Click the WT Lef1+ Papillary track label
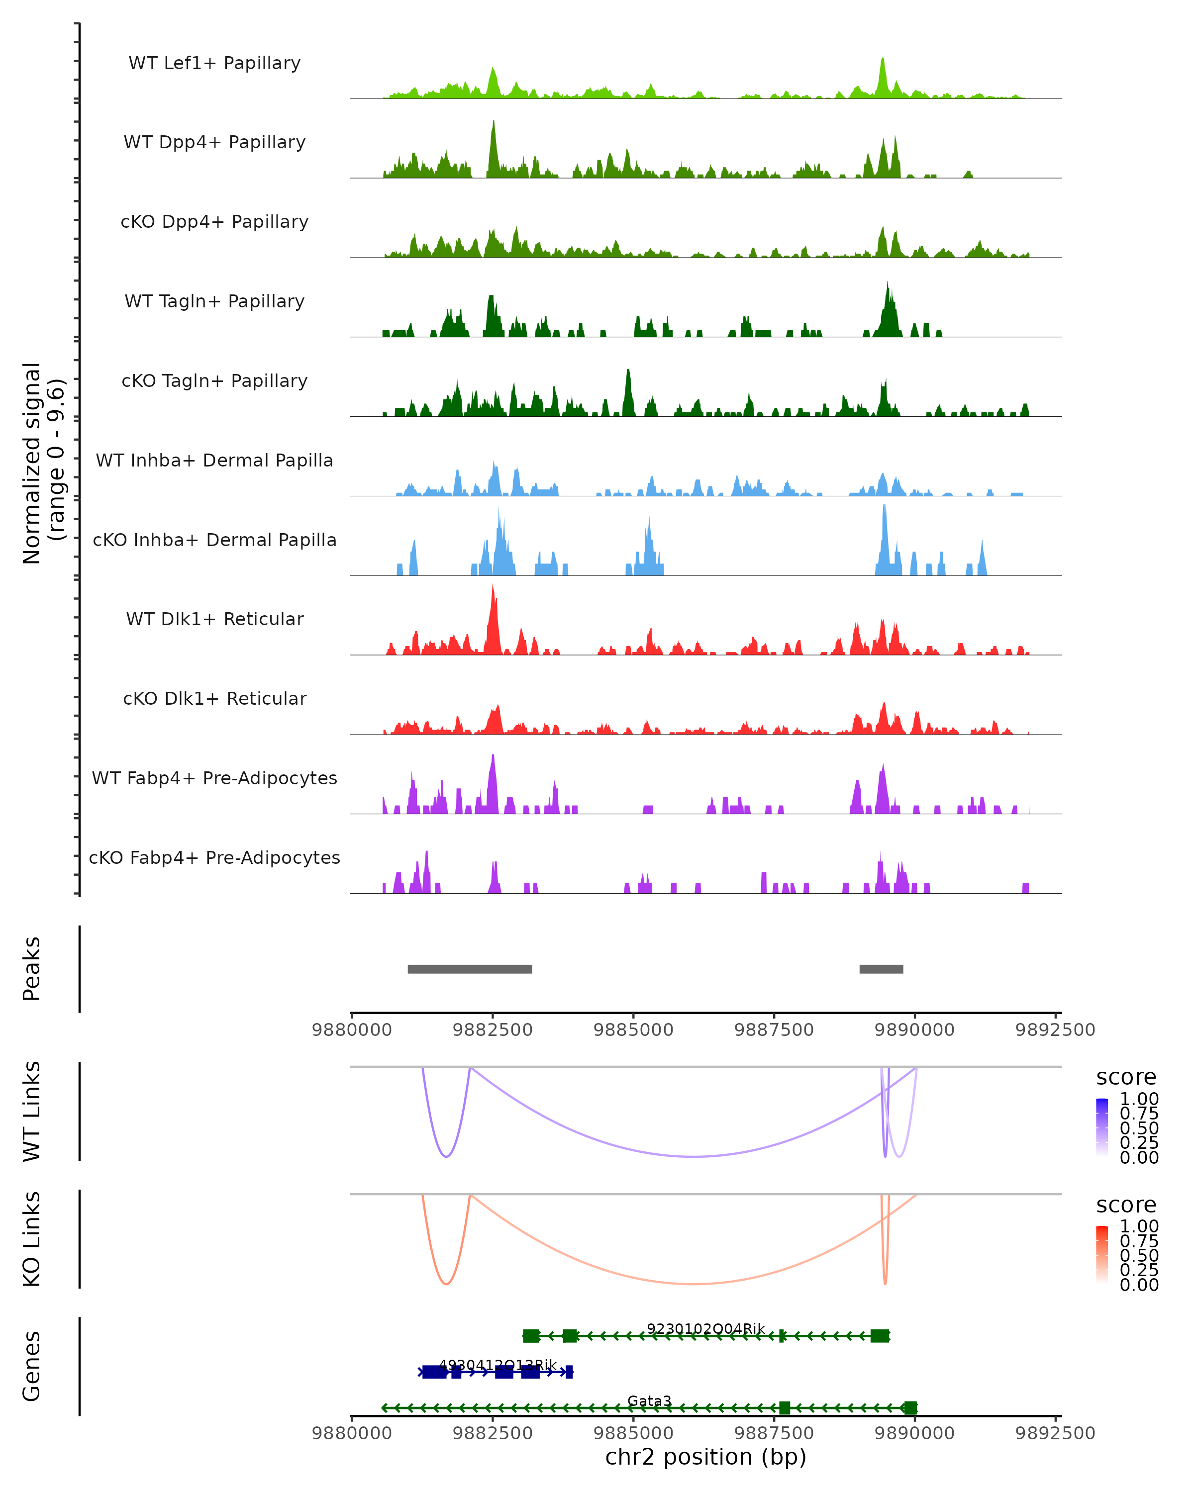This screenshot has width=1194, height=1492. click(214, 63)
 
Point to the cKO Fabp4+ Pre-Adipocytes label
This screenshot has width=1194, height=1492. click(214, 857)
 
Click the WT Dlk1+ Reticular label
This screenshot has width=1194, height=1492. click(214, 619)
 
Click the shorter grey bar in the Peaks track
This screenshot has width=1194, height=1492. click(881, 969)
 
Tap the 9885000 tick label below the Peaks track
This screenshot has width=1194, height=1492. click(633, 1030)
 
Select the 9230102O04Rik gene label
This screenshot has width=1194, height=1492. click(706, 1329)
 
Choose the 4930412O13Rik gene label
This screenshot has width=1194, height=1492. click(497, 1365)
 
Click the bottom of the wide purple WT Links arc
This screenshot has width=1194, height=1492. click(694, 1156)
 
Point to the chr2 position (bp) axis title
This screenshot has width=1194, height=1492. click(705, 1457)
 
